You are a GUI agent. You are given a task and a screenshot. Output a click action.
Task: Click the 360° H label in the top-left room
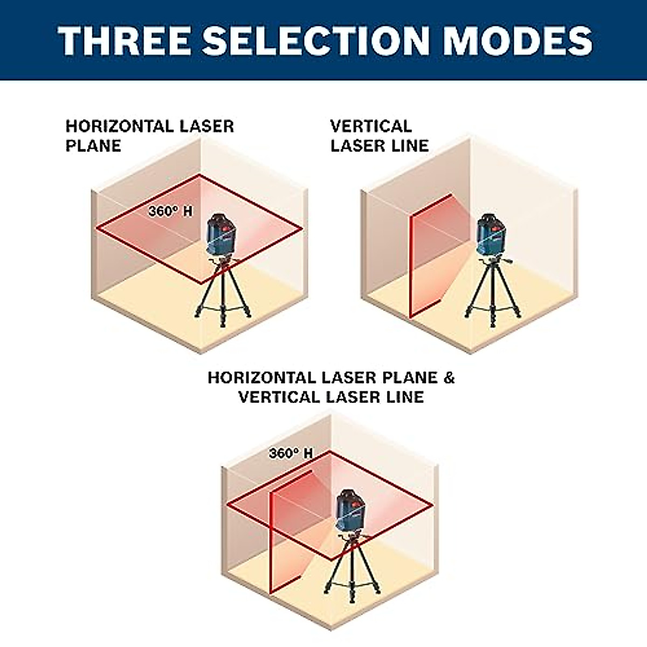pos(170,211)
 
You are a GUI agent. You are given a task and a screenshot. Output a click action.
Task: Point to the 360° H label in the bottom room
pos(291,453)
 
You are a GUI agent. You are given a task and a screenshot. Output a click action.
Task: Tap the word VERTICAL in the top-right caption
pos(371,127)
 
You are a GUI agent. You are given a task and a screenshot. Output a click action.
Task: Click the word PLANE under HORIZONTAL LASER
pos(93,146)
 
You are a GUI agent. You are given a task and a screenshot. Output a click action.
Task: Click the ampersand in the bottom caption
pos(449,377)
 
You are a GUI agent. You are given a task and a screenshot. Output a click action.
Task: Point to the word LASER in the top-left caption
pos(207,127)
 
